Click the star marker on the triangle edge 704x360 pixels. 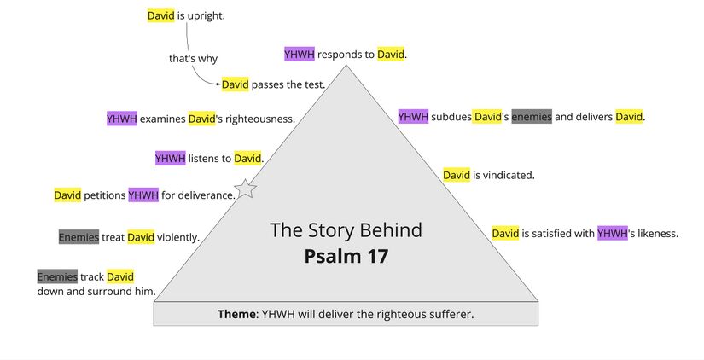(246, 189)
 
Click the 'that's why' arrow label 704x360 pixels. (193, 59)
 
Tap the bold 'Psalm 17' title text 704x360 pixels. (346, 256)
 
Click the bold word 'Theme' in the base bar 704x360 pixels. (237, 314)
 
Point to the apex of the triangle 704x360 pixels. (346, 67)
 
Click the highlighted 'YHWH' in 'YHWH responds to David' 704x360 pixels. (300, 55)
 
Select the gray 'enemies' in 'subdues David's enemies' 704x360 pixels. (532, 117)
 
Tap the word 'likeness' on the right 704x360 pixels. (655, 233)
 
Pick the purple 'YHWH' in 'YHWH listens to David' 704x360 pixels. (170, 158)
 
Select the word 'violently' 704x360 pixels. (177, 237)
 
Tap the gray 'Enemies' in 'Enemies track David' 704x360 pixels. (57, 276)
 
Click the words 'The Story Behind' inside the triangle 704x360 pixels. (346, 230)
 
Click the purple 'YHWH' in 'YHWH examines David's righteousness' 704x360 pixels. (121, 119)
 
